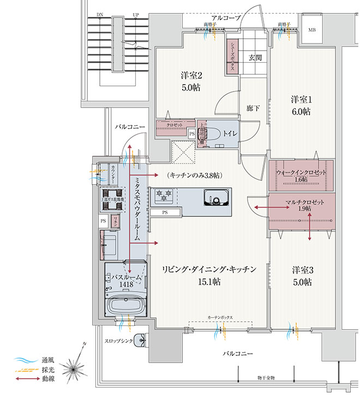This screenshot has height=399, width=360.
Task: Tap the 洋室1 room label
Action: click(301, 100)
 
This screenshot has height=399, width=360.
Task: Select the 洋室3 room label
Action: click(301, 270)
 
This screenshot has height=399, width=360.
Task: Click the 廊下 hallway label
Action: click(252, 108)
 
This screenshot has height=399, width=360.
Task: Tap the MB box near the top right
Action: click(313, 29)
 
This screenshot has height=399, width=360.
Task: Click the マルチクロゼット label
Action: click(304, 202)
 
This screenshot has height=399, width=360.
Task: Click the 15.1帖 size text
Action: click(209, 282)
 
